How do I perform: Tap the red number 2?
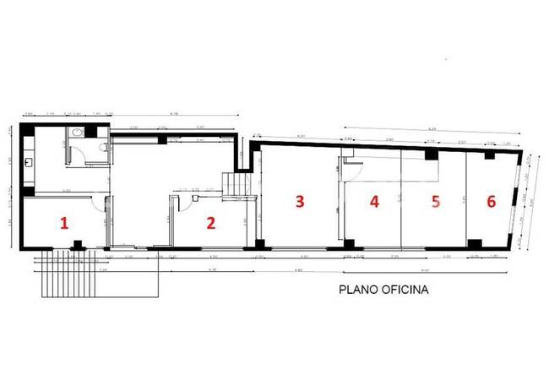211,224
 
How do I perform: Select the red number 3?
298,201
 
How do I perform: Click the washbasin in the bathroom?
77,133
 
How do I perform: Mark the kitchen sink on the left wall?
29,160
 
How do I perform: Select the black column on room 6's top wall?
488,155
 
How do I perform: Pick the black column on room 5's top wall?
431,155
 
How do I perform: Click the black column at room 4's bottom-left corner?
348,246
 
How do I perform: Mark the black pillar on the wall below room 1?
78,245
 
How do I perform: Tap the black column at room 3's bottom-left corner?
258,247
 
